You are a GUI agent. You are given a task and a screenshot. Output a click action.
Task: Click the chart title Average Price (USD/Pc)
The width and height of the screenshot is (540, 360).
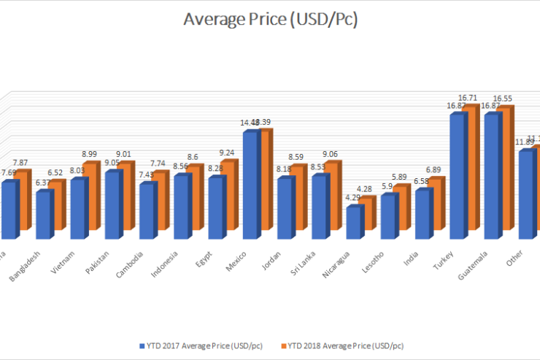click(269, 20)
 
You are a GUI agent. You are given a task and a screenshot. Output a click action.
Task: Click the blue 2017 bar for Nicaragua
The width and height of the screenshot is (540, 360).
click(353, 222)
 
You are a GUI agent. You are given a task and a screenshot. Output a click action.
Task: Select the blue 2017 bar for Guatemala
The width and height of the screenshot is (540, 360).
click(492, 176)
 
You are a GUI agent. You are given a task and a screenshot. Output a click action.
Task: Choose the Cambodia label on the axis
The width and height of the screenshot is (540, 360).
click(131, 261)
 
